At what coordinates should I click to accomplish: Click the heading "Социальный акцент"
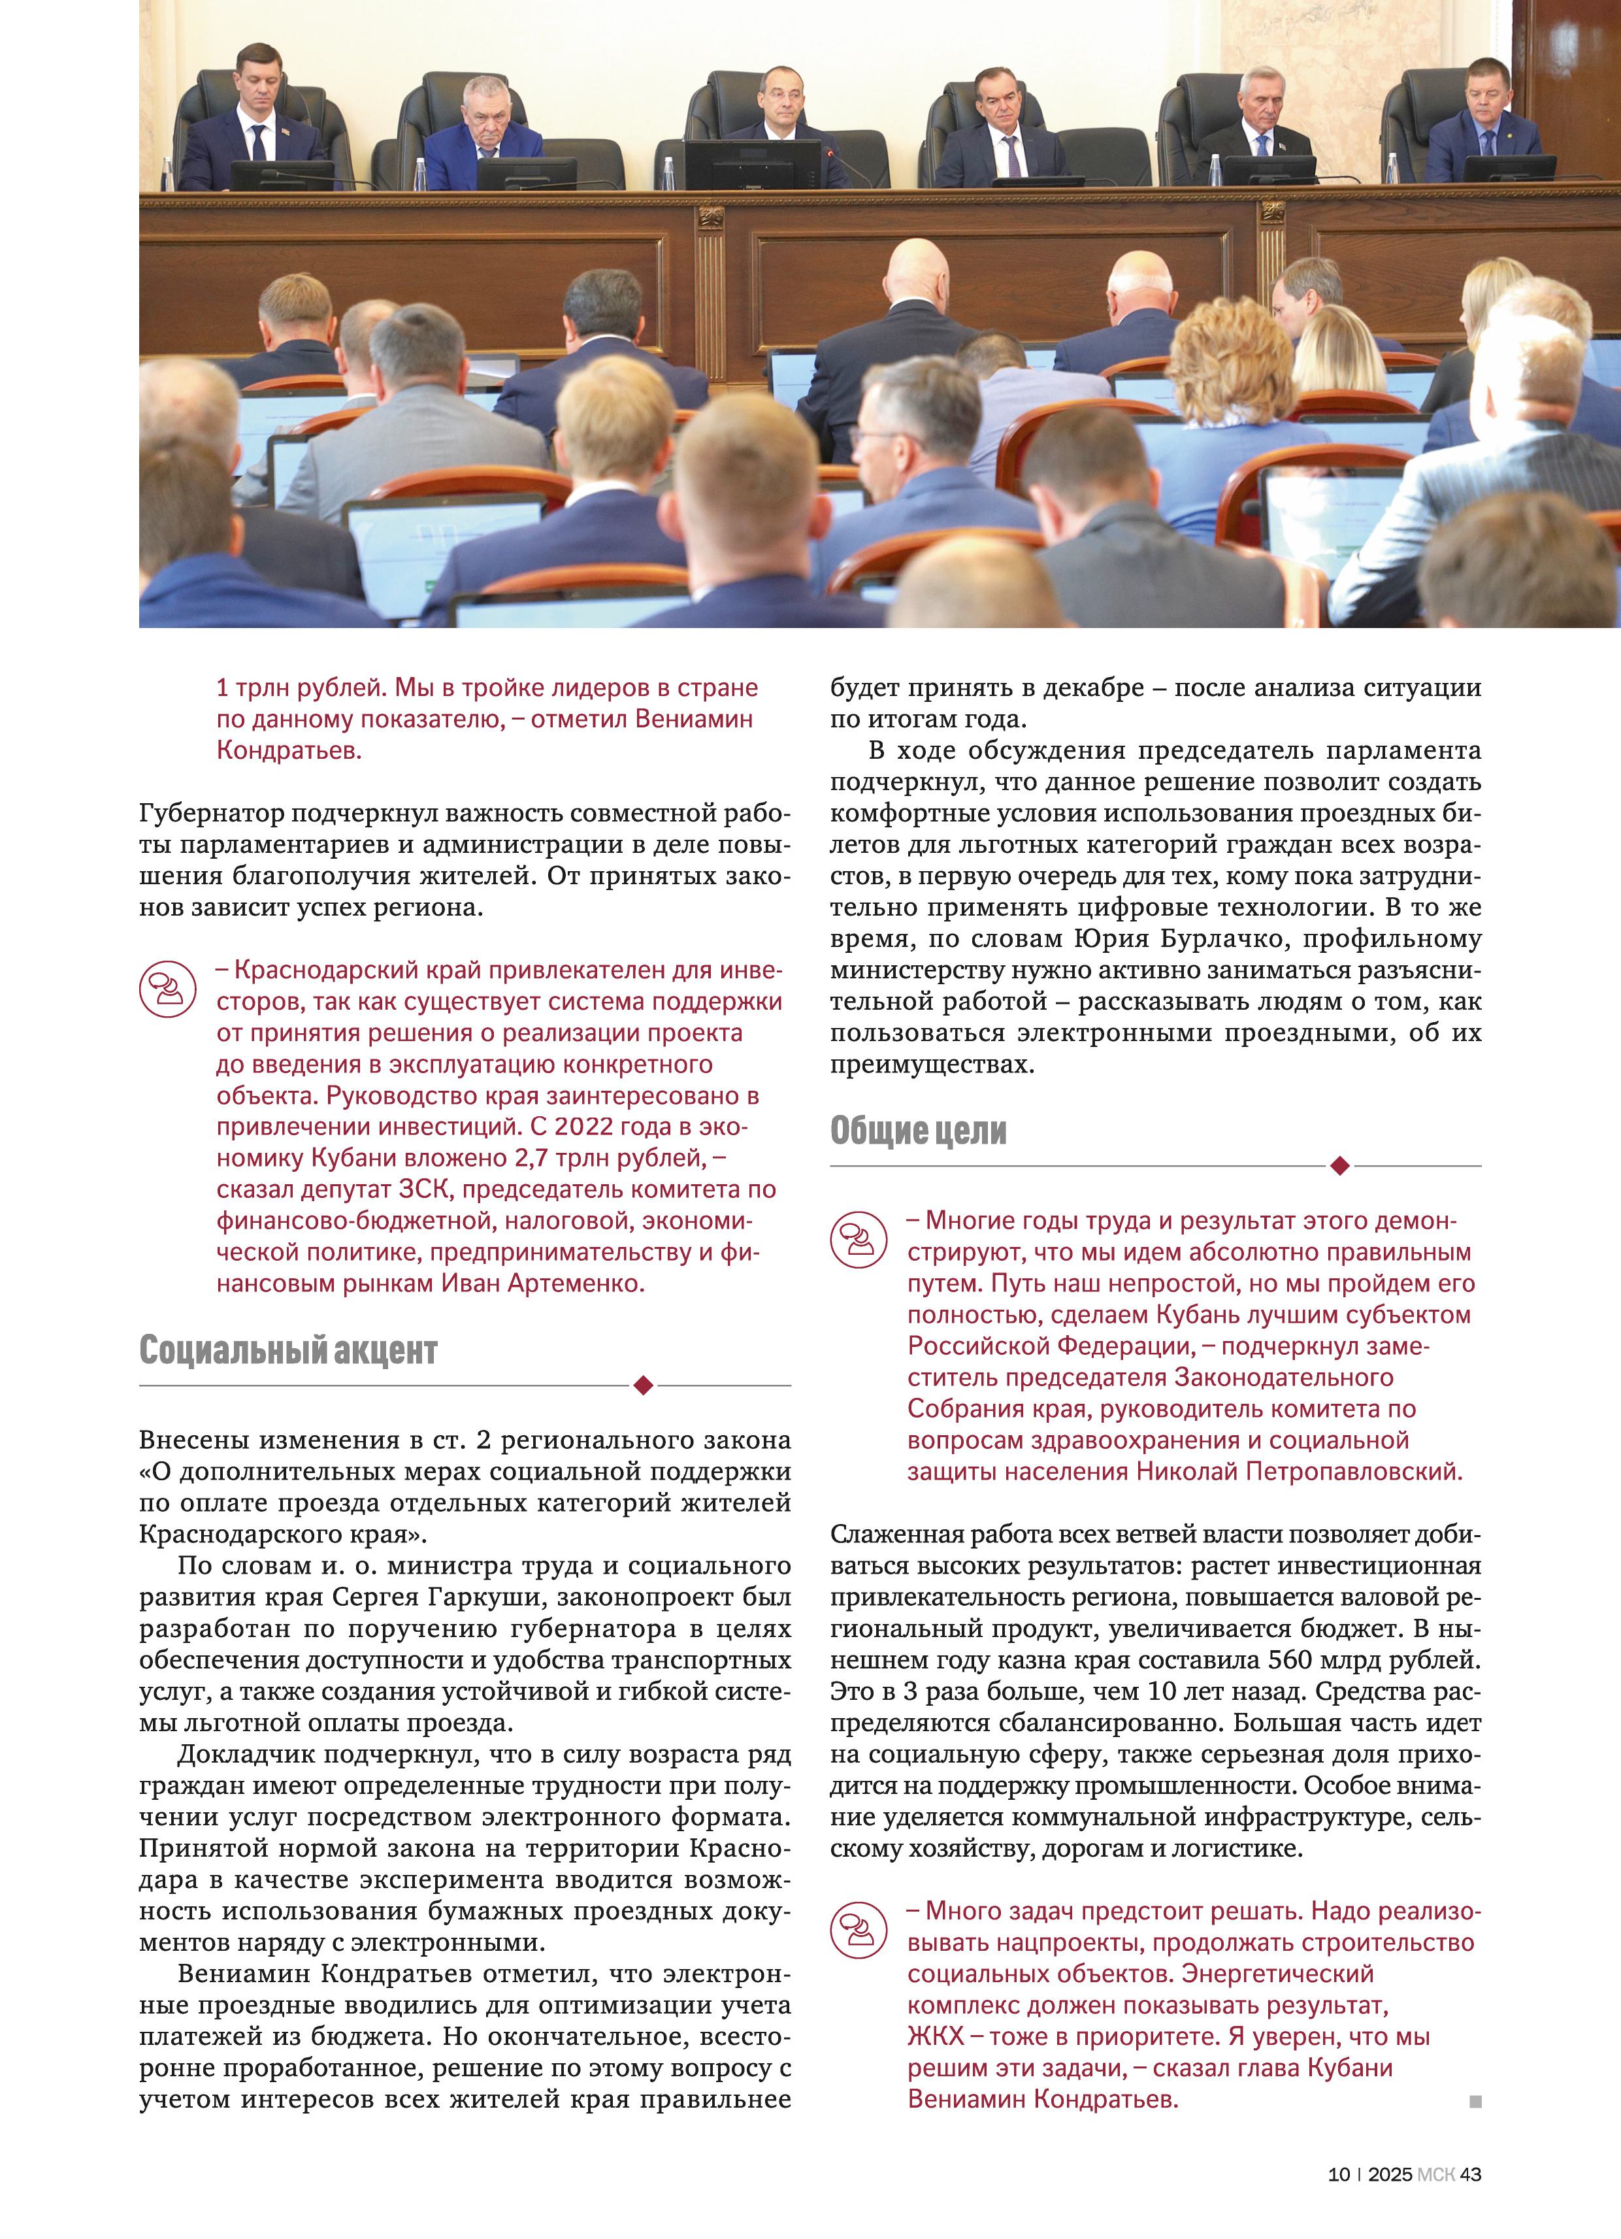(287, 1350)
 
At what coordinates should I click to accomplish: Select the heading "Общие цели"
(918, 1131)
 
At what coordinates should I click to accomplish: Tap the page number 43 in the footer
(1471, 2174)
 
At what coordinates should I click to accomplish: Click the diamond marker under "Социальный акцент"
(643, 1385)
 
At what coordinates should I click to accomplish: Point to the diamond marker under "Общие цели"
(1339, 1166)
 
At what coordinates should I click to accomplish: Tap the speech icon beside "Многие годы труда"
(858, 1240)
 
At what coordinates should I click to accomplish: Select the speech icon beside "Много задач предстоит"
(858, 1930)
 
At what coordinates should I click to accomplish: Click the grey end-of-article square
(1475, 2102)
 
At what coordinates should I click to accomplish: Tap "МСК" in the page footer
(1435, 2174)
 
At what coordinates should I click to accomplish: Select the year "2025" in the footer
(1390, 2174)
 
